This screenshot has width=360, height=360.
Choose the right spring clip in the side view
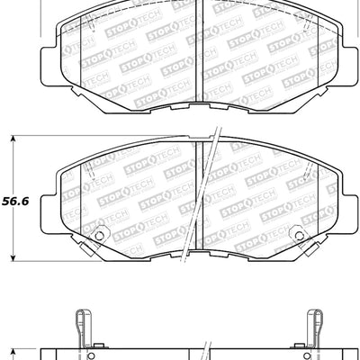click(x=315, y=325)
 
